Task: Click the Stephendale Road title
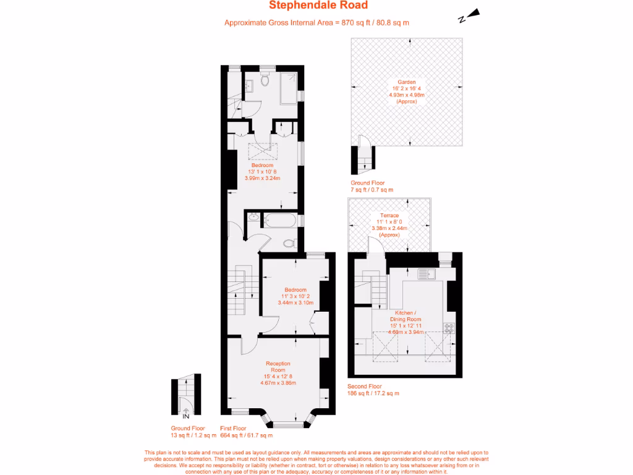point(318,6)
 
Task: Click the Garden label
point(406,82)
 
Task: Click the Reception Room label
point(278,367)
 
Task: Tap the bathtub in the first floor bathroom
point(280,220)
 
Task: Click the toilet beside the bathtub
point(289,243)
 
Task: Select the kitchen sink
point(426,273)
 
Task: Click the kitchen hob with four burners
point(448,328)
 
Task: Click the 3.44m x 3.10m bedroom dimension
point(295,302)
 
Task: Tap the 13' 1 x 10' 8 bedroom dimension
point(262,172)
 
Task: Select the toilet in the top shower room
point(265,80)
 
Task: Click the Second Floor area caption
point(373,389)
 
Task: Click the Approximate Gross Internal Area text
point(316,23)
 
